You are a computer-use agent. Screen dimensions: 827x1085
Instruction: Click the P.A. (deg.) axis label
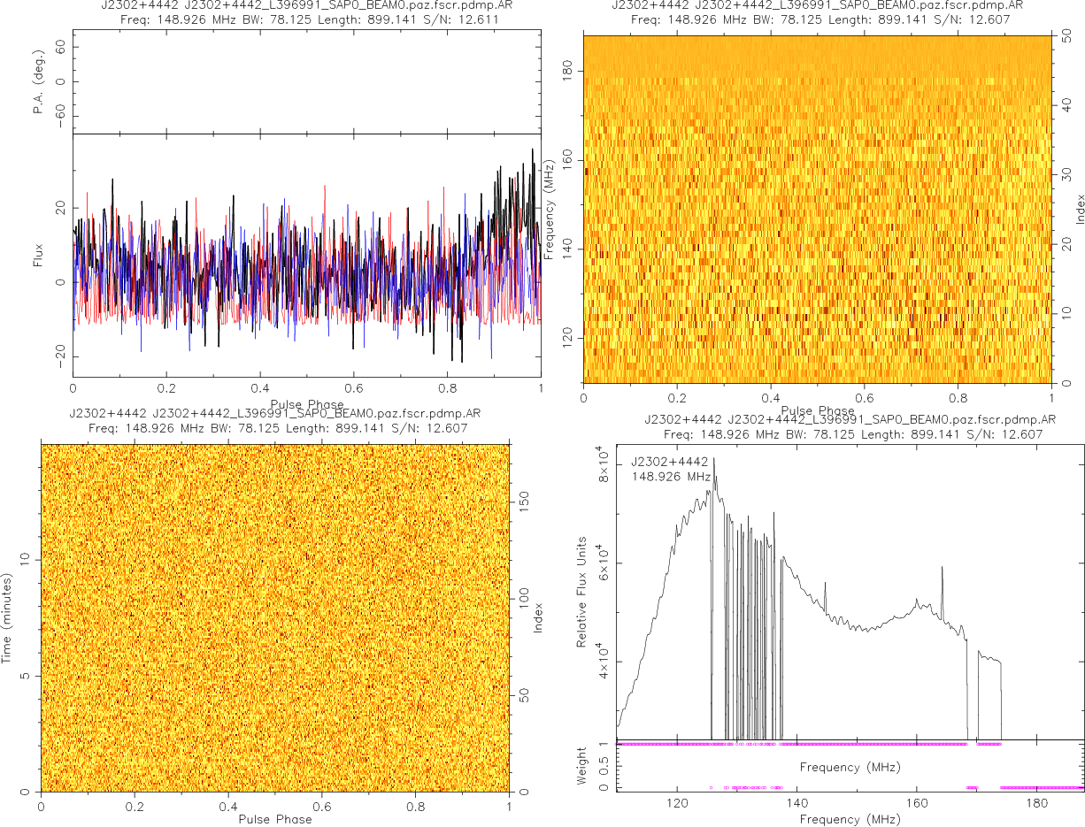tap(39, 81)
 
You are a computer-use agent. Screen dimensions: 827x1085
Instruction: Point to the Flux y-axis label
tap(38, 255)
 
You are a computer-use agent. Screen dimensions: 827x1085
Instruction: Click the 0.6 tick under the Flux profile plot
tap(353, 389)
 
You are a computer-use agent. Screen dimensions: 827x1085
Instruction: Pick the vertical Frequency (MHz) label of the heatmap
tap(550, 209)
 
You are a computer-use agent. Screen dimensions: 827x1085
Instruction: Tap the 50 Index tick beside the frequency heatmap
tap(1069, 38)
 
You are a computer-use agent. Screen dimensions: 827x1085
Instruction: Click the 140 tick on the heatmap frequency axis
tap(570, 249)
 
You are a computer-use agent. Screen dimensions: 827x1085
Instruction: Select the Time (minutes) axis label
tap(8, 616)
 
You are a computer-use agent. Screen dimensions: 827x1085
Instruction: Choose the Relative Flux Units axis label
tap(581, 591)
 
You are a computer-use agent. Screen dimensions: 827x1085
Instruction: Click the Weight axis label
tap(581, 765)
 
